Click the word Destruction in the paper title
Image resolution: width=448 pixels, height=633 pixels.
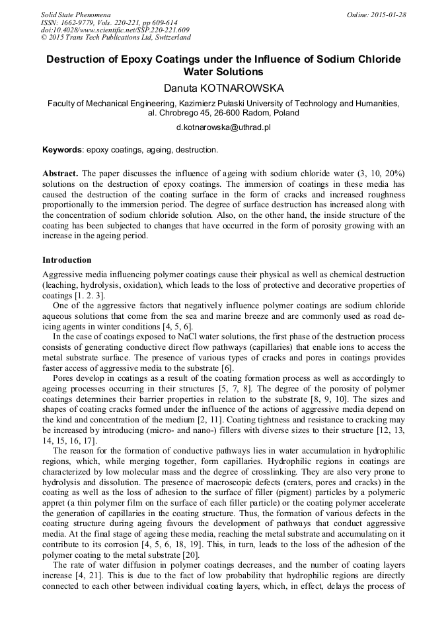coord(75,59)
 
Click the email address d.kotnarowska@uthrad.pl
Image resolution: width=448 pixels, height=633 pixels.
coord(223,126)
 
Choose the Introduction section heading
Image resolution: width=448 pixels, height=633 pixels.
coord(67,260)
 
